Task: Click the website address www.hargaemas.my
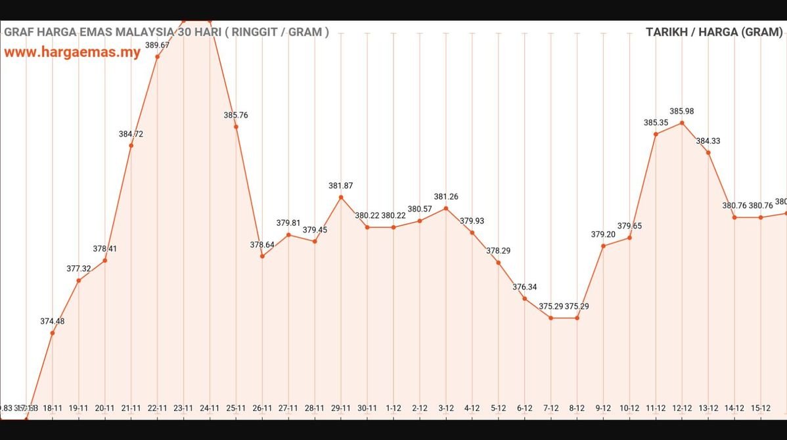72,53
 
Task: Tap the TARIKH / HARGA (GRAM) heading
714,32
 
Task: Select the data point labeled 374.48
53,333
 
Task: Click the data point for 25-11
236,127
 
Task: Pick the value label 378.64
262,245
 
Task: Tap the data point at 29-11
341,197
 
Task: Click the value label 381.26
446,197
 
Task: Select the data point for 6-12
524,299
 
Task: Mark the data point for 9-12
603,246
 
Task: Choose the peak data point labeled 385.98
682,123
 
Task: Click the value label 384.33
708,141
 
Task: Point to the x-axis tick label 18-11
53,408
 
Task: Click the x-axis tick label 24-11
210,408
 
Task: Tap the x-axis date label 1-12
393,408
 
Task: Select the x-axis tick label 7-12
551,408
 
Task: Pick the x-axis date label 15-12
761,408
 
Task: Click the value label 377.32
79,269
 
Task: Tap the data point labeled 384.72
131,146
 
